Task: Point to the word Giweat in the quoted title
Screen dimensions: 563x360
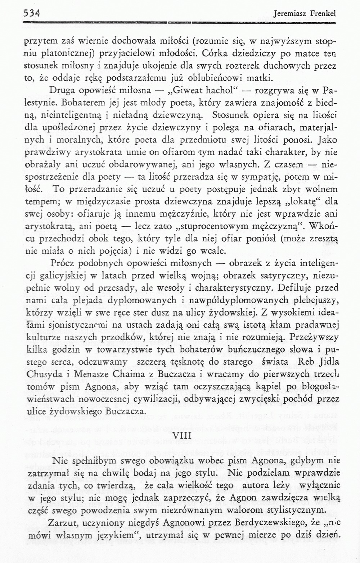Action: click(188, 90)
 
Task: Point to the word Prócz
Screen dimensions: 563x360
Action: click(63, 264)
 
